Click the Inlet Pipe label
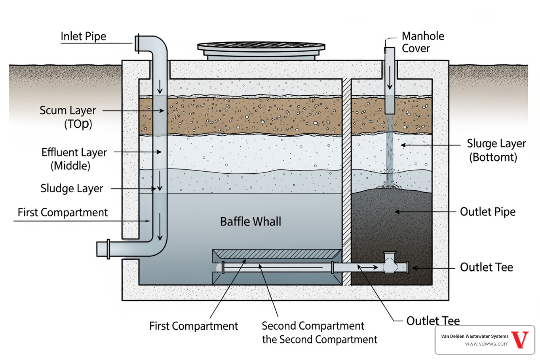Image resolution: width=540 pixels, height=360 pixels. pyautogui.click(x=83, y=36)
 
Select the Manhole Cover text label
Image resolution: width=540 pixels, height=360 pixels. pyautogui.click(x=423, y=42)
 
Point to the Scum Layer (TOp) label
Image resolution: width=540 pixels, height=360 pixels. pyautogui.click(x=68, y=117)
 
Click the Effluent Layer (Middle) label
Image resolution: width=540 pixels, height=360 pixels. pyautogui.click(x=74, y=159)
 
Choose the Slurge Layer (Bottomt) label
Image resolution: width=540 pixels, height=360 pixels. pyautogui.click(x=496, y=150)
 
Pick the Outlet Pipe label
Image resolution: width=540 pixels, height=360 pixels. pyautogui.click(x=488, y=212)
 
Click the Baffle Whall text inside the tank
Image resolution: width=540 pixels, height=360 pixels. pyautogui.click(x=250, y=221)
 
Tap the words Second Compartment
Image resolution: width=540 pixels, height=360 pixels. pyautogui.click(x=313, y=326)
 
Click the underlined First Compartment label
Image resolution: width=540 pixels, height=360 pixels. pyautogui.click(x=63, y=212)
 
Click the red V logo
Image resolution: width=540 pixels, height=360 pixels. pyautogui.click(x=520, y=340)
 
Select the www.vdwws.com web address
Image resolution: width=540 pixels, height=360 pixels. pyautogui.click(x=487, y=344)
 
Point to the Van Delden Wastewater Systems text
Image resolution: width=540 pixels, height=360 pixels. pyautogui.click(x=475, y=336)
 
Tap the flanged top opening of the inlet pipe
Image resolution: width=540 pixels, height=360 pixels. pyautogui.click(x=138, y=43)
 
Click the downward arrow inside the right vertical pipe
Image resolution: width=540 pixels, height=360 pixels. pyautogui.click(x=390, y=77)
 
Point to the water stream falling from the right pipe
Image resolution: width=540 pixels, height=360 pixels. pyautogui.click(x=389, y=151)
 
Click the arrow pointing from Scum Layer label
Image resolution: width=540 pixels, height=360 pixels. pyautogui.click(x=134, y=111)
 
